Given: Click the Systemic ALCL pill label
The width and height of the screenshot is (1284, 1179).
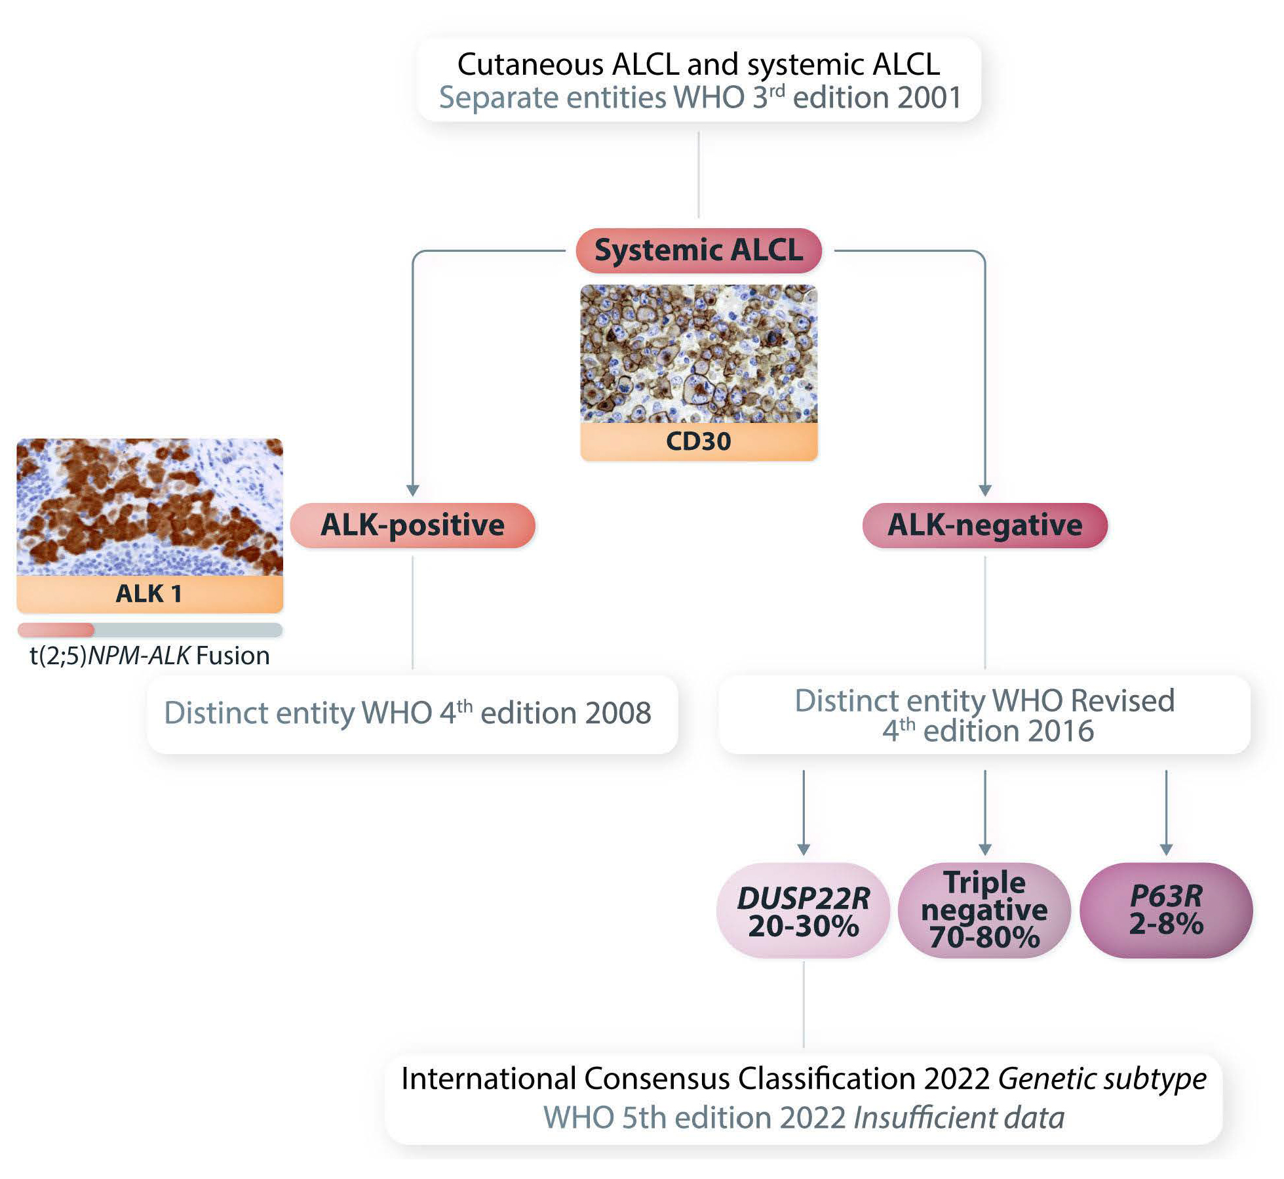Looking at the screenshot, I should click(x=698, y=250).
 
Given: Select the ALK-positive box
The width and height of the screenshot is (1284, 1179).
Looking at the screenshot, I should click(x=412, y=525).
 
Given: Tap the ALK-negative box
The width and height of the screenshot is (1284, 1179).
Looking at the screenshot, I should click(x=984, y=525).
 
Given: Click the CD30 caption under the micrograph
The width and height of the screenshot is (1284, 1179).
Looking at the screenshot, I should click(x=698, y=441).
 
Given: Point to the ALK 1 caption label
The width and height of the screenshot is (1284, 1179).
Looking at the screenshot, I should click(x=149, y=593).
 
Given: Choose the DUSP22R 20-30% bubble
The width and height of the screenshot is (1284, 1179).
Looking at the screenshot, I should click(x=804, y=911).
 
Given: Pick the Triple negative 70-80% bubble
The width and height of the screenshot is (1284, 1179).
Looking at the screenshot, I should click(x=984, y=911).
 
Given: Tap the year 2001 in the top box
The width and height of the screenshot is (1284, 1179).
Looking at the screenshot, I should click(x=929, y=98).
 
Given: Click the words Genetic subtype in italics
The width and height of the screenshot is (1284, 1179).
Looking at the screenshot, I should click(x=1102, y=1079).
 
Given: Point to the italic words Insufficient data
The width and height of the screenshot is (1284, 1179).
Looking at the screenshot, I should click(x=959, y=1118).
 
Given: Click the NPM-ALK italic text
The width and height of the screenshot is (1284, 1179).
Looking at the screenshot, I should click(x=139, y=656).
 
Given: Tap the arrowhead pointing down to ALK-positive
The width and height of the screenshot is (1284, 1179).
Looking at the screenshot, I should click(x=412, y=490).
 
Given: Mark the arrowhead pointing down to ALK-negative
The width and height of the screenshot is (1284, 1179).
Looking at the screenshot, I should click(x=984, y=490).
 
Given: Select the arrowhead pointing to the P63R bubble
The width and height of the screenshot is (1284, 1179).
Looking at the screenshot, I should click(x=1166, y=850).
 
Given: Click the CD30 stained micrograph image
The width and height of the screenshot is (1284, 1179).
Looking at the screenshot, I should click(x=698, y=354).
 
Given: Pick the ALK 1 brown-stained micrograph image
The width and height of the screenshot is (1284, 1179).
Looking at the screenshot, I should click(x=149, y=507).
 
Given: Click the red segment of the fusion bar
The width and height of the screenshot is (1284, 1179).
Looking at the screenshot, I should click(x=56, y=630).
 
